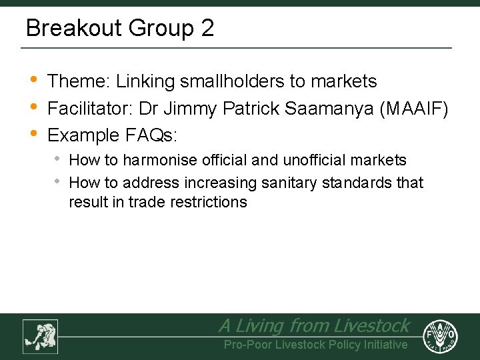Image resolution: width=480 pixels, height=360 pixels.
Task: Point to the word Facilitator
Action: pos(91,108)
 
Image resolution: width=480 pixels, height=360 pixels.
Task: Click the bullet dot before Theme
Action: pos(34,81)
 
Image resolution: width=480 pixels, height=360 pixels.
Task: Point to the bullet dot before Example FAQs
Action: pos(34,135)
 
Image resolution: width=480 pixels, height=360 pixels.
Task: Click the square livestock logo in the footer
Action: pos(40,336)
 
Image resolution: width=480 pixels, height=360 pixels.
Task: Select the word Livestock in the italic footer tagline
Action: pos(371,325)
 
